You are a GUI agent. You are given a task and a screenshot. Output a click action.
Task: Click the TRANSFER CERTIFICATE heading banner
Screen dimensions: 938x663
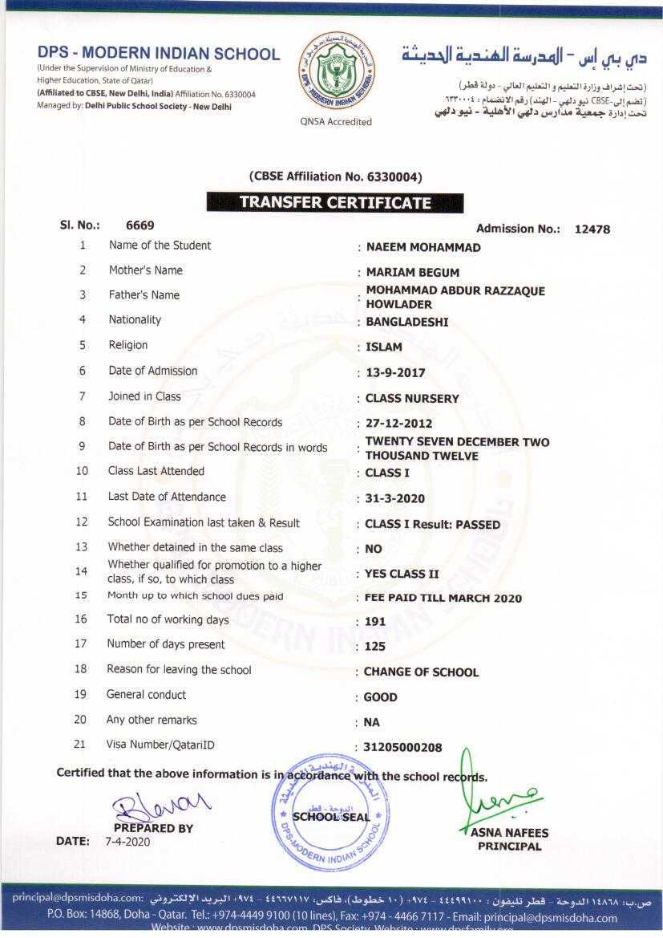(x=335, y=203)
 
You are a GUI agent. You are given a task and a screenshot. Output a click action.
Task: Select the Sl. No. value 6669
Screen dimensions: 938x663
(x=140, y=226)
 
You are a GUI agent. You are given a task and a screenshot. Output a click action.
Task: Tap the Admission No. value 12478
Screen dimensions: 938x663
(x=592, y=229)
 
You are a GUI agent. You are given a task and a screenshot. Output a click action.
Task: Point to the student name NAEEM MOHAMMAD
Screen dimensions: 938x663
(x=423, y=248)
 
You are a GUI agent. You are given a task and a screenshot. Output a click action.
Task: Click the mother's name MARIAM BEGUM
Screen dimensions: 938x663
(x=413, y=273)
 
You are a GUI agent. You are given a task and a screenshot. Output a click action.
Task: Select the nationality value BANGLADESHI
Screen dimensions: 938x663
(x=407, y=323)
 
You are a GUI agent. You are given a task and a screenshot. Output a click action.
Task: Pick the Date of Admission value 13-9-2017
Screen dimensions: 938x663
(x=395, y=373)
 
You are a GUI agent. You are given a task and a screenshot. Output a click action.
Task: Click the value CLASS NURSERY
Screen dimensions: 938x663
(x=412, y=399)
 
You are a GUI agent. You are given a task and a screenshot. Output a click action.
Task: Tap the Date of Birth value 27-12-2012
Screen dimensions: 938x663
(x=398, y=424)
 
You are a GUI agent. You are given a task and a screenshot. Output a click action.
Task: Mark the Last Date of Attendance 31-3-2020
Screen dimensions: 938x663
(x=395, y=499)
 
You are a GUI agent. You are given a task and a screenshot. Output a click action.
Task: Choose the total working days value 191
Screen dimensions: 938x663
(x=374, y=622)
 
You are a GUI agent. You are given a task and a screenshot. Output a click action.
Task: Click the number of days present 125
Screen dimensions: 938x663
(x=374, y=647)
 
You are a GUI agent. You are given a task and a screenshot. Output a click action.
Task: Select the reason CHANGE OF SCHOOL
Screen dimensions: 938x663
(x=421, y=672)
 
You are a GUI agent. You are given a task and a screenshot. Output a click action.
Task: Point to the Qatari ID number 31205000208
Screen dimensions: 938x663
(x=402, y=748)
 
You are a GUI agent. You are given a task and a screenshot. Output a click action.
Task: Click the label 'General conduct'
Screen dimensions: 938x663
(x=146, y=695)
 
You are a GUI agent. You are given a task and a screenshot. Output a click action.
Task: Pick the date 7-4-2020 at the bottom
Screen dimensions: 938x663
(x=127, y=842)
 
